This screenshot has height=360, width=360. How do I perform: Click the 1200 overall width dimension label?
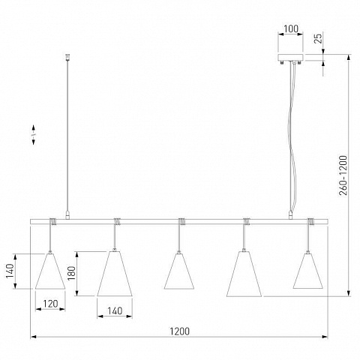click(180, 331)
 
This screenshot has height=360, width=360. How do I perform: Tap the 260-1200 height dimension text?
click(343, 175)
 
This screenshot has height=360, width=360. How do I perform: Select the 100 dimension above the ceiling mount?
click(291, 29)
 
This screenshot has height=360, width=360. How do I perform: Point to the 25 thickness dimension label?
click(319, 38)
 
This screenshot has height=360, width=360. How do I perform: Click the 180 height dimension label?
click(72, 273)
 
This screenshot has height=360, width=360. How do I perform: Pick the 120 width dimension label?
click(50, 304)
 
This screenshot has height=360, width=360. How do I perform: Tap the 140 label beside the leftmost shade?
click(10, 271)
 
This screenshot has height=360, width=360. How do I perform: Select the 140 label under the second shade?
click(115, 311)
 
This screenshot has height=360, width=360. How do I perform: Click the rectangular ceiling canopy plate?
click(290, 57)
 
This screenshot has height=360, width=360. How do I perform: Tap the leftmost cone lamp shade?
click(50, 271)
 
